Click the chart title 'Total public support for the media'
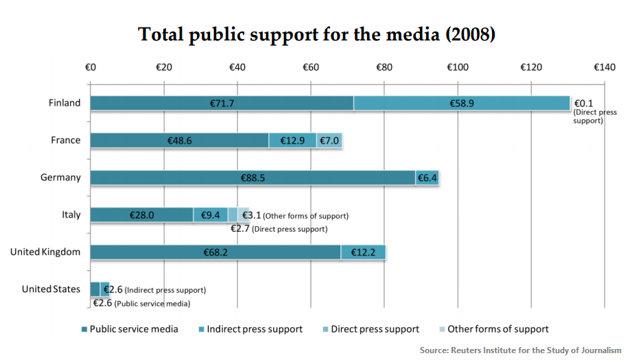click(x=316, y=34)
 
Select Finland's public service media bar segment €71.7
click(x=222, y=104)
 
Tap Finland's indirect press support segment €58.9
click(x=462, y=104)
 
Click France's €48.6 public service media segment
click(x=179, y=141)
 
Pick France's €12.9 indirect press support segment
click(x=292, y=141)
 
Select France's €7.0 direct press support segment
click(x=329, y=141)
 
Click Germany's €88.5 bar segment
click(x=253, y=178)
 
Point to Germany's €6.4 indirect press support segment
click(x=427, y=178)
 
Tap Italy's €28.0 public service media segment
click(x=141, y=215)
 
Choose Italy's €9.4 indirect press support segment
click(x=211, y=215)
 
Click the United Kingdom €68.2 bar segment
click(x=215, y=252)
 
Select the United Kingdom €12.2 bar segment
click(x=363, y=252)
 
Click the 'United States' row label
click(x=51, y=289)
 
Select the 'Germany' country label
click(x=60, y=178)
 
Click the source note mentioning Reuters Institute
click(x=521, y=350)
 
